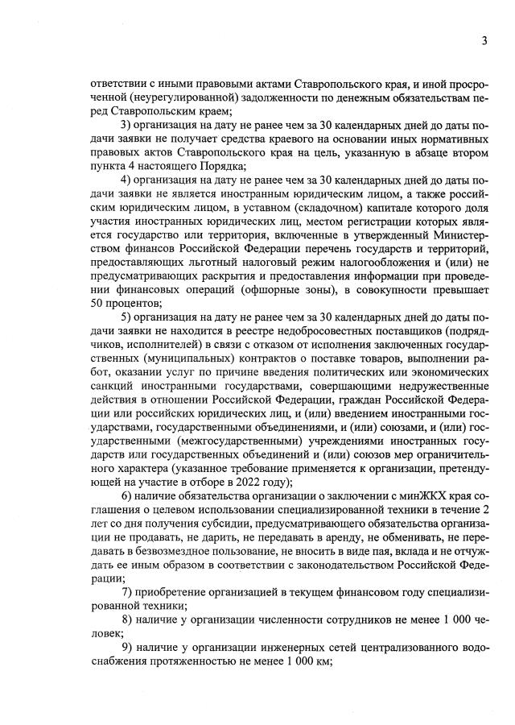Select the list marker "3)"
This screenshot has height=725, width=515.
tap(126, 125)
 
